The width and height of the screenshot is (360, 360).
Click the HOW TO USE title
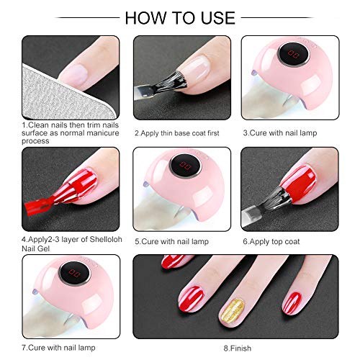pos(180,17)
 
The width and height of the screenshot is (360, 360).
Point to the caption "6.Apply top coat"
pos(270,241)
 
